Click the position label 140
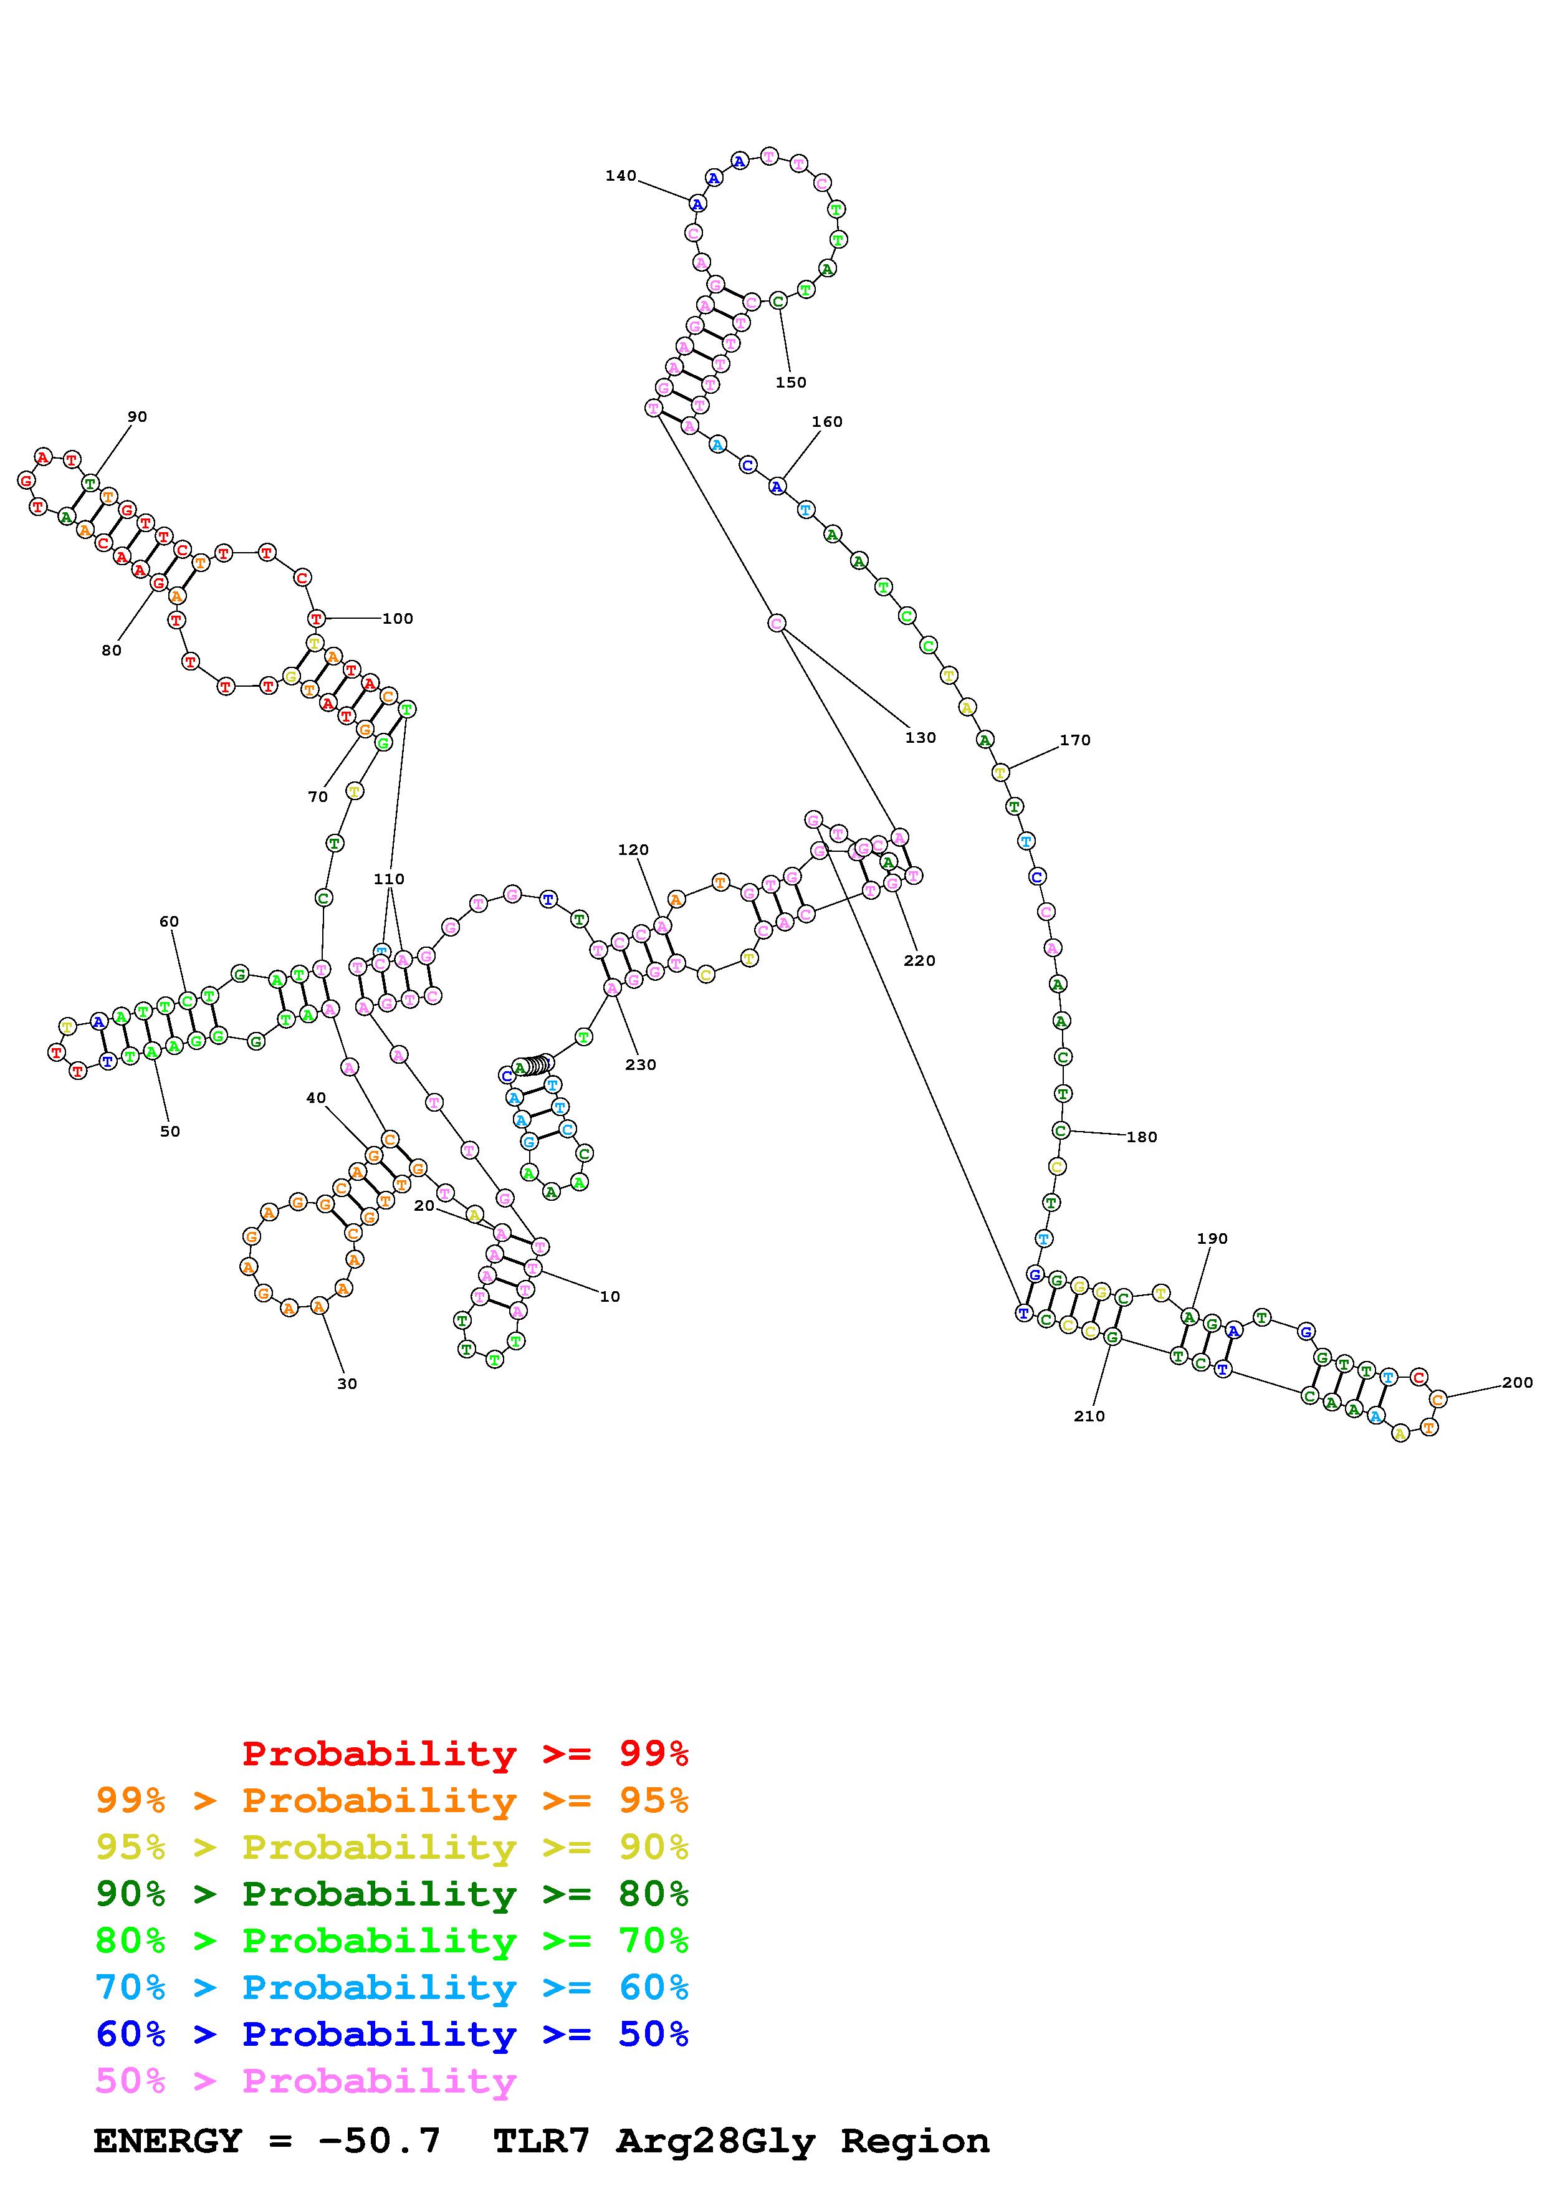coord(621,175)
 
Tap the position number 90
coord(137,416)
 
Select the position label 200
coord(1518,1382)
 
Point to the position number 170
coord(1074,740)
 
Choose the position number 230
coord(641,1064)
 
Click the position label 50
coord(170,1131)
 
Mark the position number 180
coord(1141,1137)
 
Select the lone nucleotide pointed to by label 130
coord(777,623)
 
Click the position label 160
coord(826,422)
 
